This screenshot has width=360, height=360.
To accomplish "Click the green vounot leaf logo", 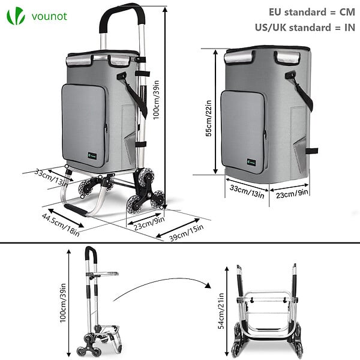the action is (x=16, y=16).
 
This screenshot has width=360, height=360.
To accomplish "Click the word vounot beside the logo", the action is (x=49, y=16).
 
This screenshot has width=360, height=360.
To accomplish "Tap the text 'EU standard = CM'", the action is (x=312, y=12).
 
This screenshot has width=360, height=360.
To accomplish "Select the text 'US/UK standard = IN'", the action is (x=305, y=28).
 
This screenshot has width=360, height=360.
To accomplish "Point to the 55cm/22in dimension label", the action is (x=208, y=118).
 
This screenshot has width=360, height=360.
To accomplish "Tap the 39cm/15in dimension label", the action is (x=187, y=233).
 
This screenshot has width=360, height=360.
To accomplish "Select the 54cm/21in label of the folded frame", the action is (x=221, y=311).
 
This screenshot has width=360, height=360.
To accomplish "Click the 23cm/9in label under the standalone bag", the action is (x=292, y=194).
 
